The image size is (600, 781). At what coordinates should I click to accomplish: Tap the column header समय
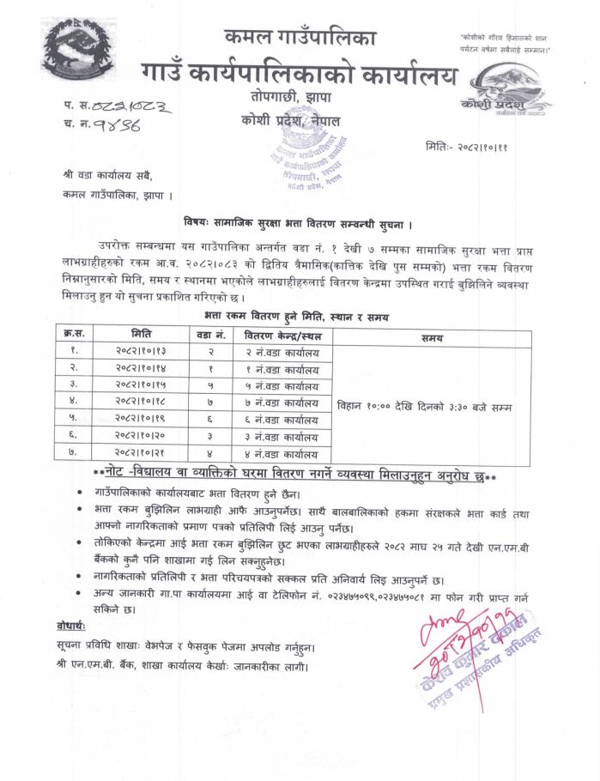tap(432, 338)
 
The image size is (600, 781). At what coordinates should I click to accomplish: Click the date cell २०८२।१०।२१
tap(142, 453)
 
